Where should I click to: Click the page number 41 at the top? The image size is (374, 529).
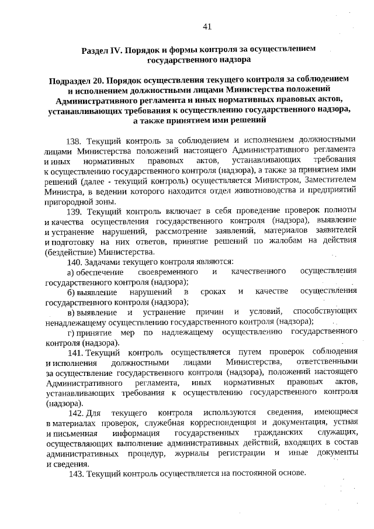coord(207,25)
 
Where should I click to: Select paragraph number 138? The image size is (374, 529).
coord(76,140)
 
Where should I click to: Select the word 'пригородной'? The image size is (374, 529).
coord(68,201)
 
